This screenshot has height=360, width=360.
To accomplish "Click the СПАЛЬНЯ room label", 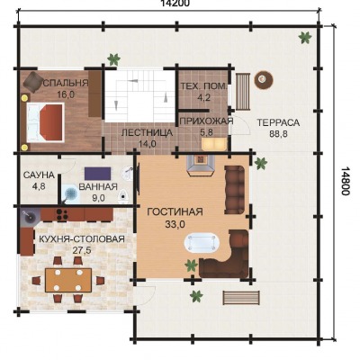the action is (x=66, y=83).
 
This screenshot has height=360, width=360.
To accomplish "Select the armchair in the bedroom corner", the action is (x=33, y=82).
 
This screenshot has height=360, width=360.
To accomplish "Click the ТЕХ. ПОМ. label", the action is (x=203, y=86).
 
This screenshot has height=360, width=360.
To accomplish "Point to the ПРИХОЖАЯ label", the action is (x=206, y=121).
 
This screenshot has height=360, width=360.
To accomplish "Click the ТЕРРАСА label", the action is (x=278, y=122).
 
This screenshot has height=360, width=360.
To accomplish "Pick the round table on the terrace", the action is (x=264, y=79).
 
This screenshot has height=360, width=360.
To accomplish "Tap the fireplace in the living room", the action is (x=201, y=166).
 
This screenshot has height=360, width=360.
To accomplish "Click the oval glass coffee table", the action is (x=202, y=243).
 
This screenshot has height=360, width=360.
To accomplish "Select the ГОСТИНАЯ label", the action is (x=175, y=211).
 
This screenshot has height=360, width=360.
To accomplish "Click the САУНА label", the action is (x=39, y=175).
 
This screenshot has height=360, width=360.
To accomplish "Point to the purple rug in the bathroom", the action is (x=97, y=174).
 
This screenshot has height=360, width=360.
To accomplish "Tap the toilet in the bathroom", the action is (x=123, y=196).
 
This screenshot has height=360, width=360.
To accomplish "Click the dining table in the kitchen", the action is (x=68, y=280).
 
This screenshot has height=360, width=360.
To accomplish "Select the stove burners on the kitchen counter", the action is (x=62, y=214).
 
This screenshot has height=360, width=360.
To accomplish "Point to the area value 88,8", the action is (x=278, y=133).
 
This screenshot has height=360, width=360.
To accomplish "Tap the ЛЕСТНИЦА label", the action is (x=148, y=133).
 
